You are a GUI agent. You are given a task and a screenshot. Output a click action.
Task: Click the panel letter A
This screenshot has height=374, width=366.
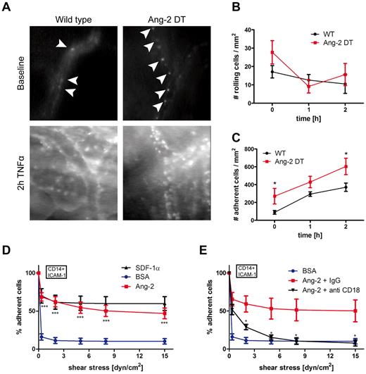tap(6, 6)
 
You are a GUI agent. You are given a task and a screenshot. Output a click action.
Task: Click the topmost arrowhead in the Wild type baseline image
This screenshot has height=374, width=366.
tap(62, 45)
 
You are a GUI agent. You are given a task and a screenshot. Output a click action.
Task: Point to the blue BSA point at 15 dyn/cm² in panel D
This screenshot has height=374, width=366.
tap(165, 341)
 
